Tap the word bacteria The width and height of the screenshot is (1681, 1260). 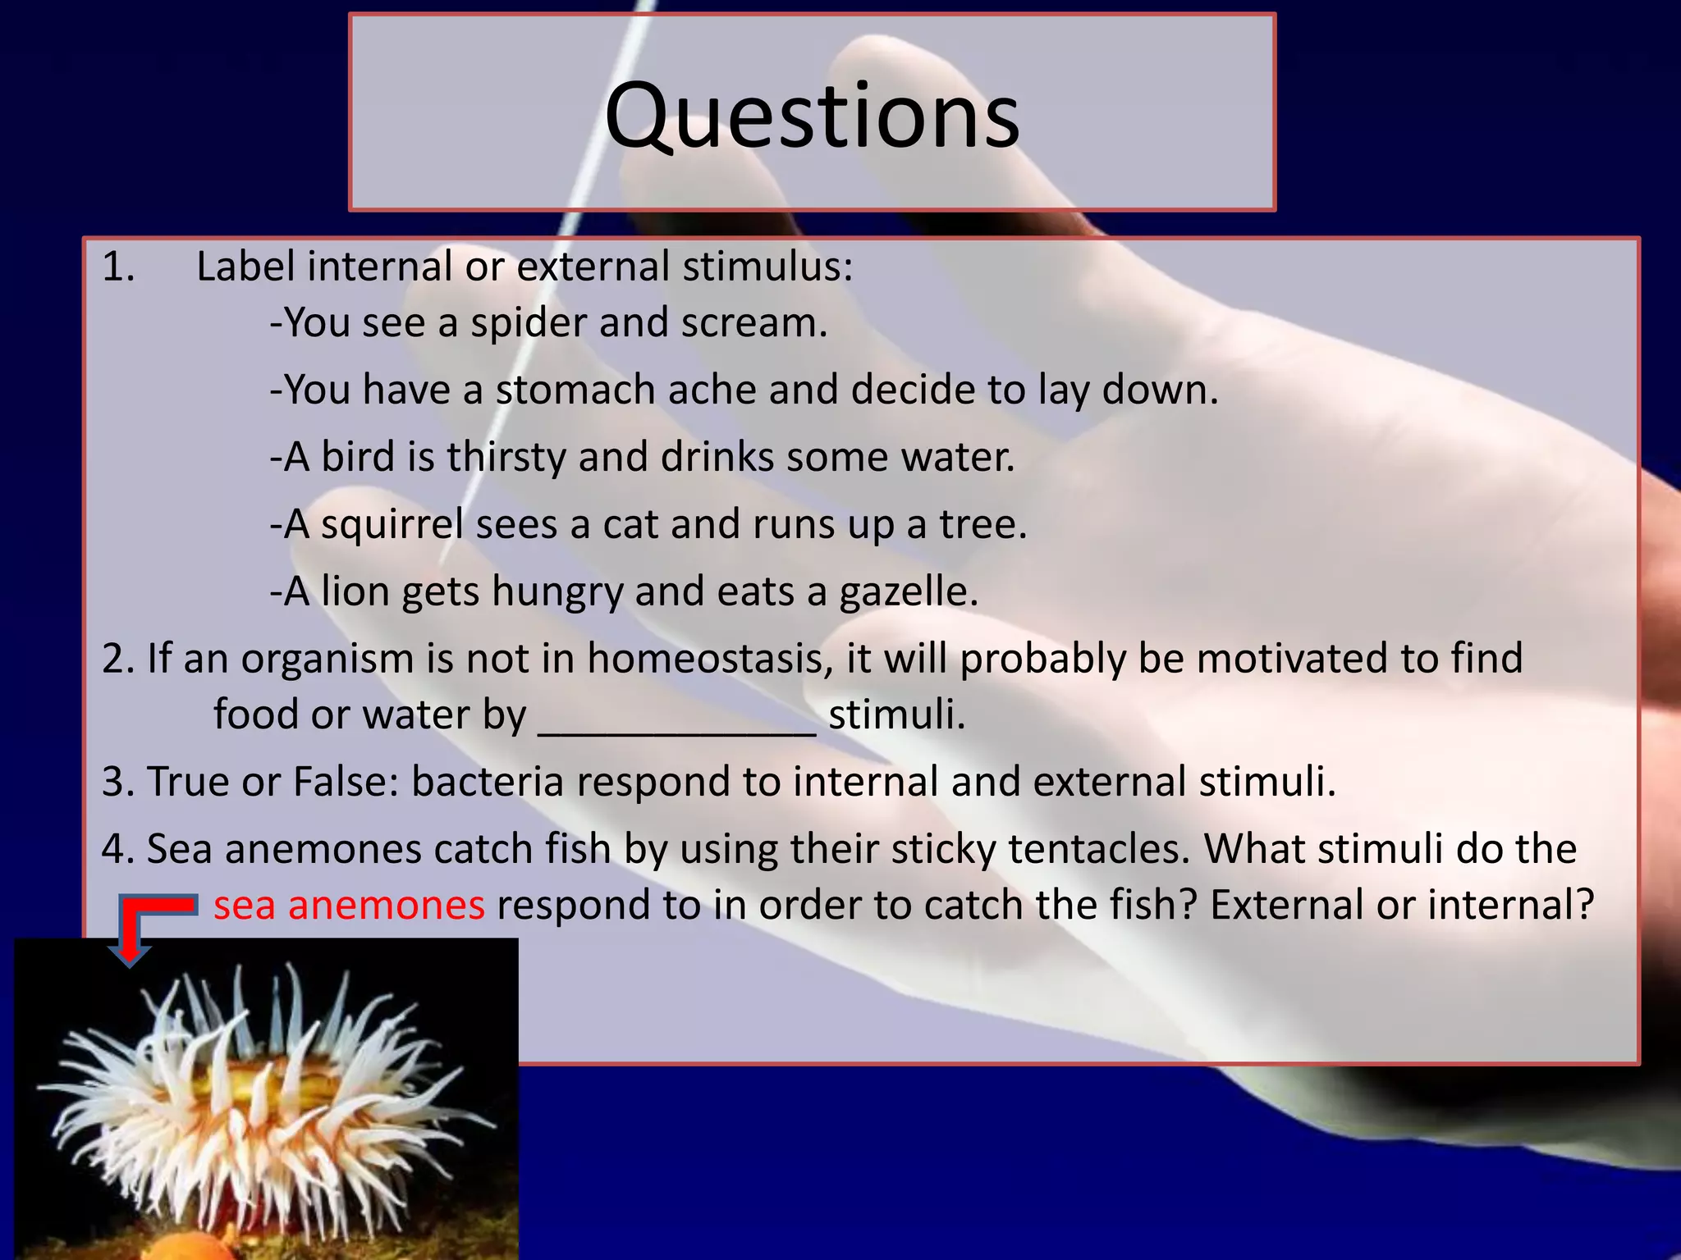[487, 782]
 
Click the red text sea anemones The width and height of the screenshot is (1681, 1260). [349, 906]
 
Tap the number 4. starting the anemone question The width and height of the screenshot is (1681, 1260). [117, 849]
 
